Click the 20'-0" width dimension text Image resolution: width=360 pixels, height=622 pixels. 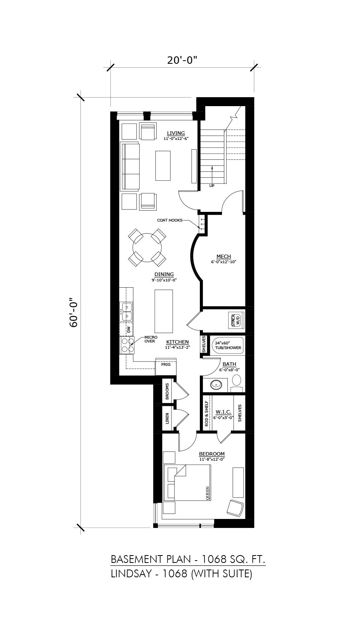coord(182,60)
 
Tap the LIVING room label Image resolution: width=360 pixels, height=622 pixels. coord(176,133)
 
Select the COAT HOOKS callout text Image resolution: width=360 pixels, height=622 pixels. coord(170,220)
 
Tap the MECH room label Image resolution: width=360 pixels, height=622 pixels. coord(224,256)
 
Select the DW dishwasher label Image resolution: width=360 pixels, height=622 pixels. coord(128,330)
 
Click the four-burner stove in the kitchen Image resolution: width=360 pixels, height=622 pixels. coord(127,345)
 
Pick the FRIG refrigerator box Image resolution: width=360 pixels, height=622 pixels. coord(166,367)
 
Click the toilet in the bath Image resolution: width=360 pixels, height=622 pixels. coord(237,383)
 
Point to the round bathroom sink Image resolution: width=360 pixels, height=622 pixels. coord(215,385)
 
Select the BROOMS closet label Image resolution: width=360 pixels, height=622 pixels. coord(167,391)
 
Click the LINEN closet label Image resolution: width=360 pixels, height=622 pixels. coord(167,418)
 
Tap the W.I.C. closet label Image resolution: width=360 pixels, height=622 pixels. coord(223,412)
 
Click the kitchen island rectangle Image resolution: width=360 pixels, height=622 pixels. coord(164,311)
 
